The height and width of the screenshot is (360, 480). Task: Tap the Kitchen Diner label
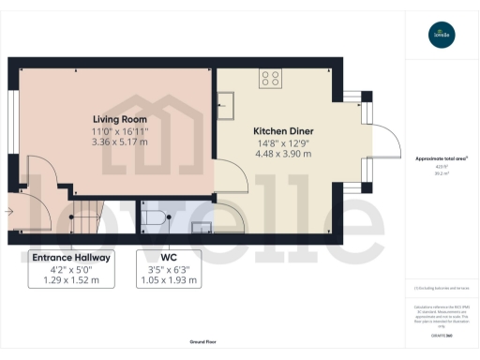pos(283,131)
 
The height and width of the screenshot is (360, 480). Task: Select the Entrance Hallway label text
pos(71,257)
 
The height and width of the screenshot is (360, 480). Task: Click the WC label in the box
pos(169,257)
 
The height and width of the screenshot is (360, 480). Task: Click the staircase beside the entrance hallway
pos(86,219)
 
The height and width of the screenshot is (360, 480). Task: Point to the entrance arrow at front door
pos(9,212)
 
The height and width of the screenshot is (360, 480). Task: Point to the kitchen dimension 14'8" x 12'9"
pos(283,143)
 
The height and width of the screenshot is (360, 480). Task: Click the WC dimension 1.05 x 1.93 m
pos(169,280)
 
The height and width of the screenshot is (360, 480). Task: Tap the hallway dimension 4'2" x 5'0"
pos(71,269)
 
